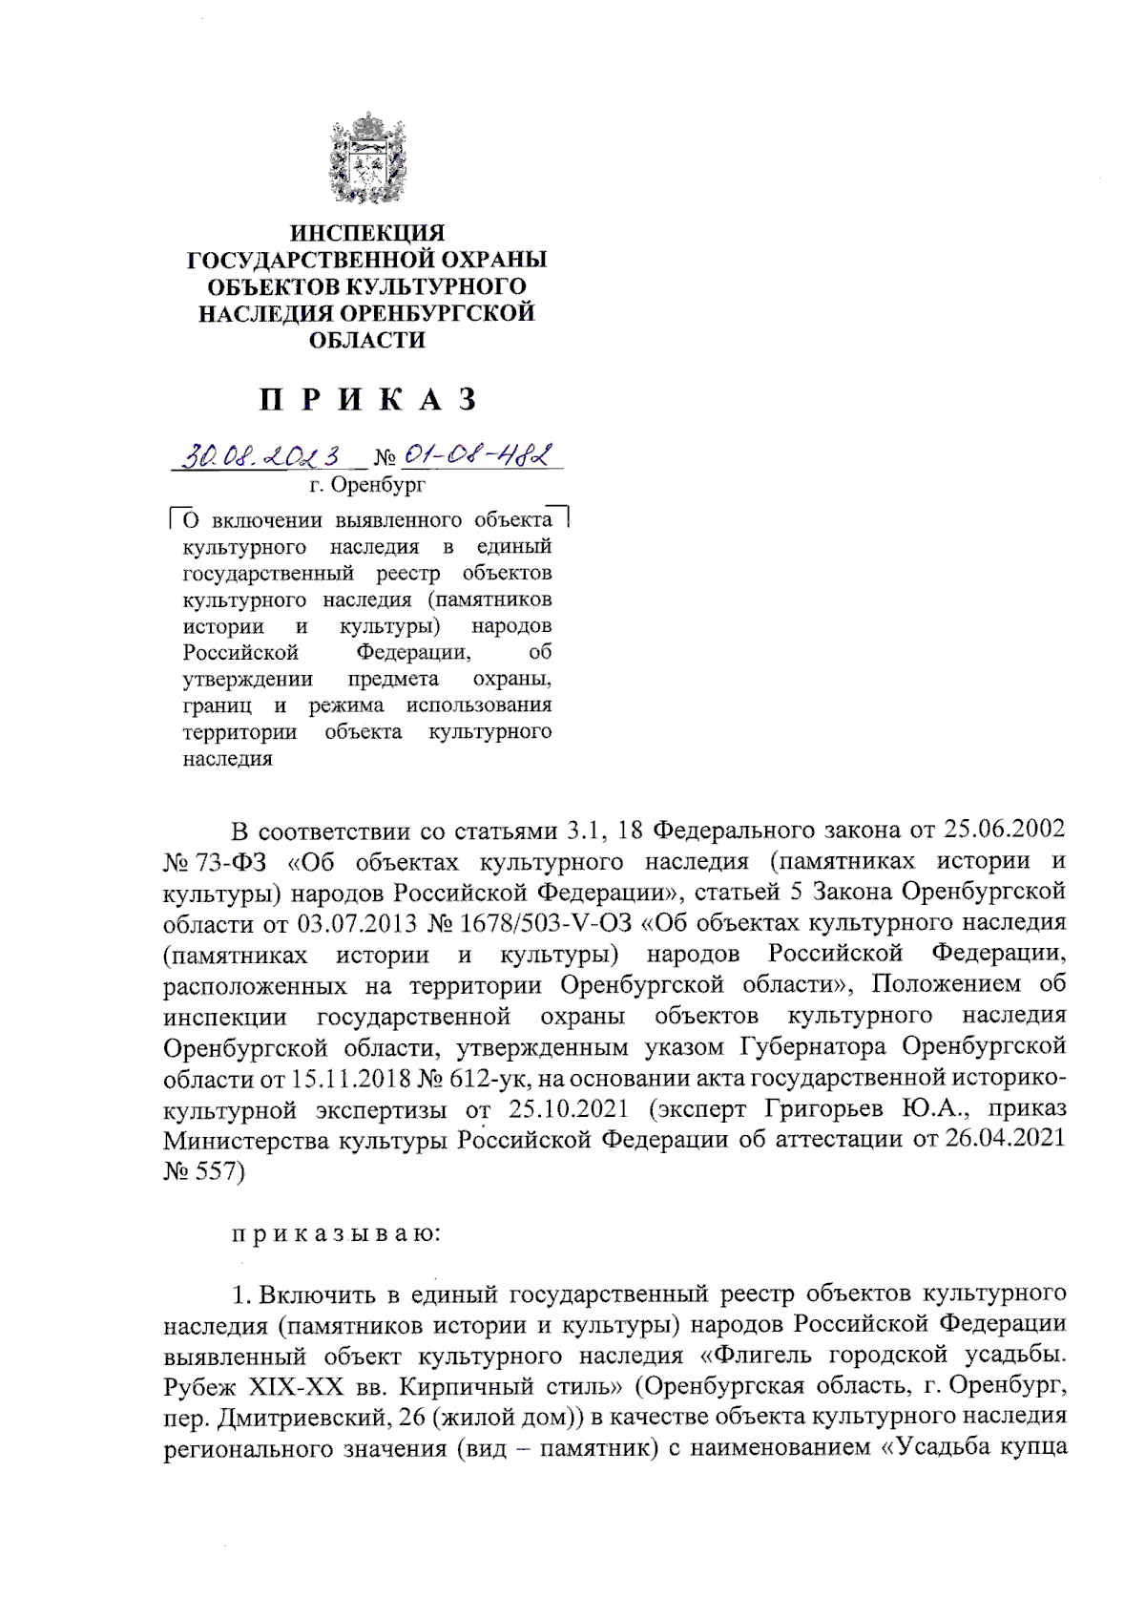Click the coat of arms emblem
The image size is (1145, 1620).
tap(367, 159)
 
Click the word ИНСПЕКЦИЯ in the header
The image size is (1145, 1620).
tap(367, 233)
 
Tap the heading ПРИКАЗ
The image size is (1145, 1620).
tap(367, 399)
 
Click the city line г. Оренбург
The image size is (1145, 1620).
tap(367, 485)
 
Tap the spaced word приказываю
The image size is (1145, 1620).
tap(336, 1232)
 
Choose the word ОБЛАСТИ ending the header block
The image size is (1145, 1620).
tap(367, 340)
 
